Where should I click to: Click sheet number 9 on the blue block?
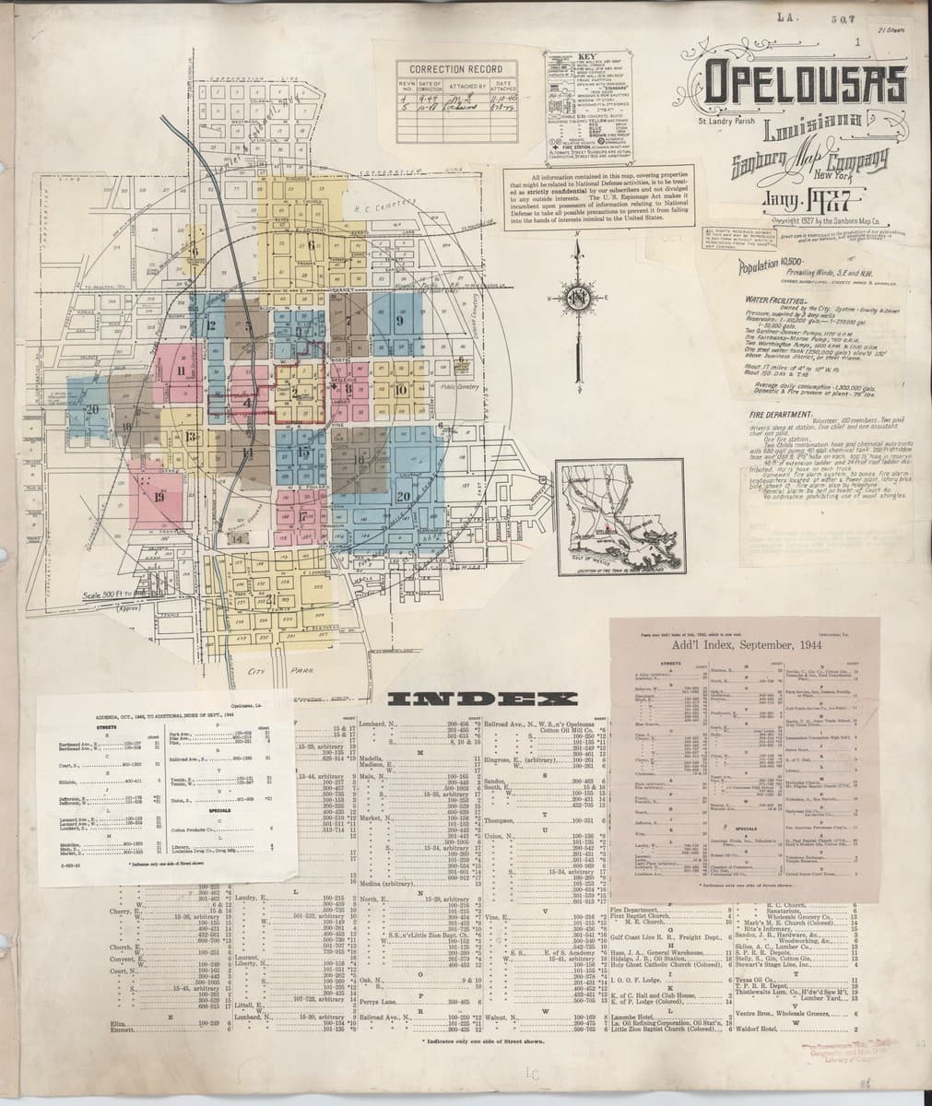(400, 322)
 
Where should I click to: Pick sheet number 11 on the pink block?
(183, 371)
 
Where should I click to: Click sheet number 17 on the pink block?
(303, 516)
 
